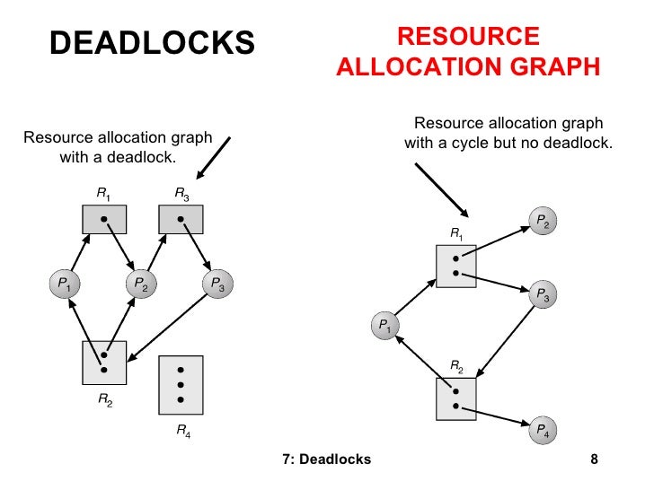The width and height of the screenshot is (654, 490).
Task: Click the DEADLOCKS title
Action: (x=152, y=41)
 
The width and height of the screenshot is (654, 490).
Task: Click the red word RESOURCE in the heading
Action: (x=468, y=37)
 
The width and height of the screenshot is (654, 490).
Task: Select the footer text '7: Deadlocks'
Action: (x=326, y=460)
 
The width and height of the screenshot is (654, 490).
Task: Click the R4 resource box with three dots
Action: (x=181, y=384)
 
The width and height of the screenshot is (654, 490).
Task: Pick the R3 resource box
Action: (x=181, y=219)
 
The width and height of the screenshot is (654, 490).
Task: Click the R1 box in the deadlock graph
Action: (x=104, y=219)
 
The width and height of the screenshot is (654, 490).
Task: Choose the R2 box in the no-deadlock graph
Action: (x=455, y=399)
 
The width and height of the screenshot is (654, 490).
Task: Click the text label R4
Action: (x=182, y=433)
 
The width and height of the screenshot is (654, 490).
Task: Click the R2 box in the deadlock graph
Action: (x=104, y=362)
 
